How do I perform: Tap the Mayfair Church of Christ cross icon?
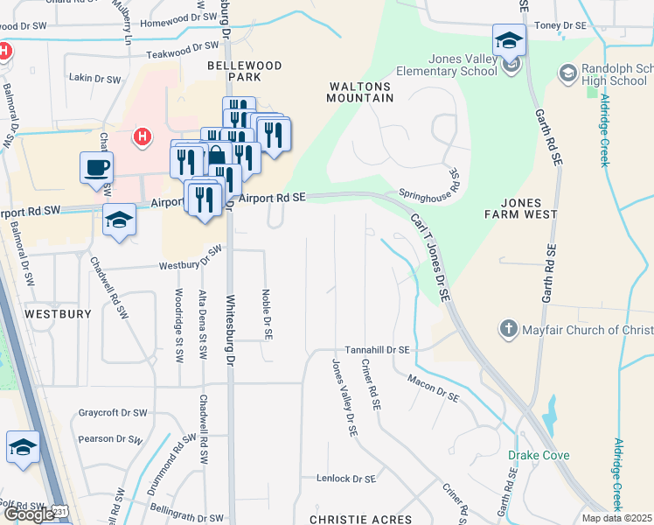pos(508,329)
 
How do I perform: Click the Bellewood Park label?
pos(245,72)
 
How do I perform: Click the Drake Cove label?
pos(539,455)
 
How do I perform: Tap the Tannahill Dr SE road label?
pos(377,349)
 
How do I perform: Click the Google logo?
pos(29,514)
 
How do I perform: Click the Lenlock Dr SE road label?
pos(346,479)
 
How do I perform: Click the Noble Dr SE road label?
pos(268,315)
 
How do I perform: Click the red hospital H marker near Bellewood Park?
pos(141,136)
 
